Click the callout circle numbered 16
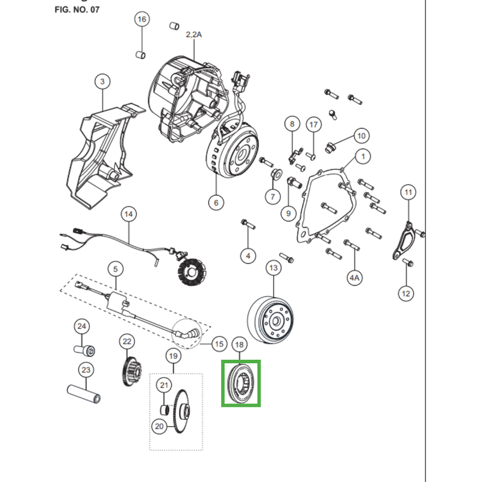click(142, 20)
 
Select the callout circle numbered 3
click(102, 81)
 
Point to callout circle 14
click(128, 214)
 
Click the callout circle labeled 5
click(115, 268)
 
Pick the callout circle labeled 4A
click(354, 278)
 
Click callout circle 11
click(409, 193)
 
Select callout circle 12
click(405, 293)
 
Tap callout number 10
click(361, 136)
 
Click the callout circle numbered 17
click(313, 125)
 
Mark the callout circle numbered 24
click(81, 327)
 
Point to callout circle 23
click(86, 369)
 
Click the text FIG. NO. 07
click(77, 10)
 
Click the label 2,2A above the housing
click(193, 35)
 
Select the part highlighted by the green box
click(241, 384)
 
